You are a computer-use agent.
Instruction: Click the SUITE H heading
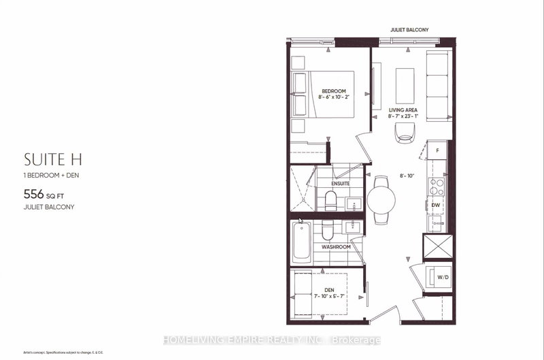(x=48, y=160)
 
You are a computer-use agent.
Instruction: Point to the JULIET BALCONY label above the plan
(x=409, y=30)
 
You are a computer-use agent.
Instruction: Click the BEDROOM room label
(x=334, y=91)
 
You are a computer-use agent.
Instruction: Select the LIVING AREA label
(x=403, y=110)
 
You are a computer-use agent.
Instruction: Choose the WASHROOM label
(x=337, y=246)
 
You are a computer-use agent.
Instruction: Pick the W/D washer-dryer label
(x=441, y=276)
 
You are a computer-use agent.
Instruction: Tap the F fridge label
(x=438, y=149)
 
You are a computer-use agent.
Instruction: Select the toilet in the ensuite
(x=330, y=199)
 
